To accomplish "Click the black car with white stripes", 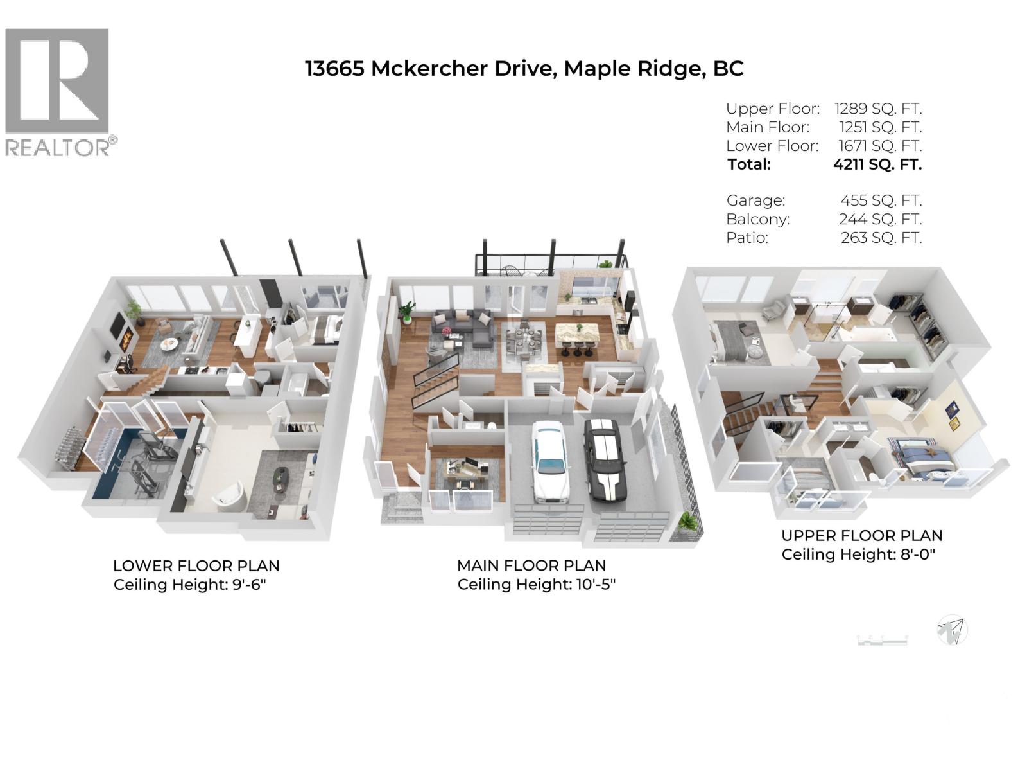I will (604, 457).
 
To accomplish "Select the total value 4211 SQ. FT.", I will (877, 164).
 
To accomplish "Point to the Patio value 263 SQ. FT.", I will (881, 238).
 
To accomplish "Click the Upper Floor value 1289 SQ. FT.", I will (877, 109).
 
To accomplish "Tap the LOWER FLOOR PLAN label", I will (196, 566).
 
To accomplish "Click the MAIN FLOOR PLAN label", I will (531, 565).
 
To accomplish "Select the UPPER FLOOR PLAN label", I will (861, 536).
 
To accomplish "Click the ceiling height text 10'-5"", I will (596, 585).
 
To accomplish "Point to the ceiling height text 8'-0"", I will (917, 554).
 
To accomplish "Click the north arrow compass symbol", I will (952, 630).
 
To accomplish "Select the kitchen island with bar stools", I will (576, 337).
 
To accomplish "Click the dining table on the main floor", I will (525, 340).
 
